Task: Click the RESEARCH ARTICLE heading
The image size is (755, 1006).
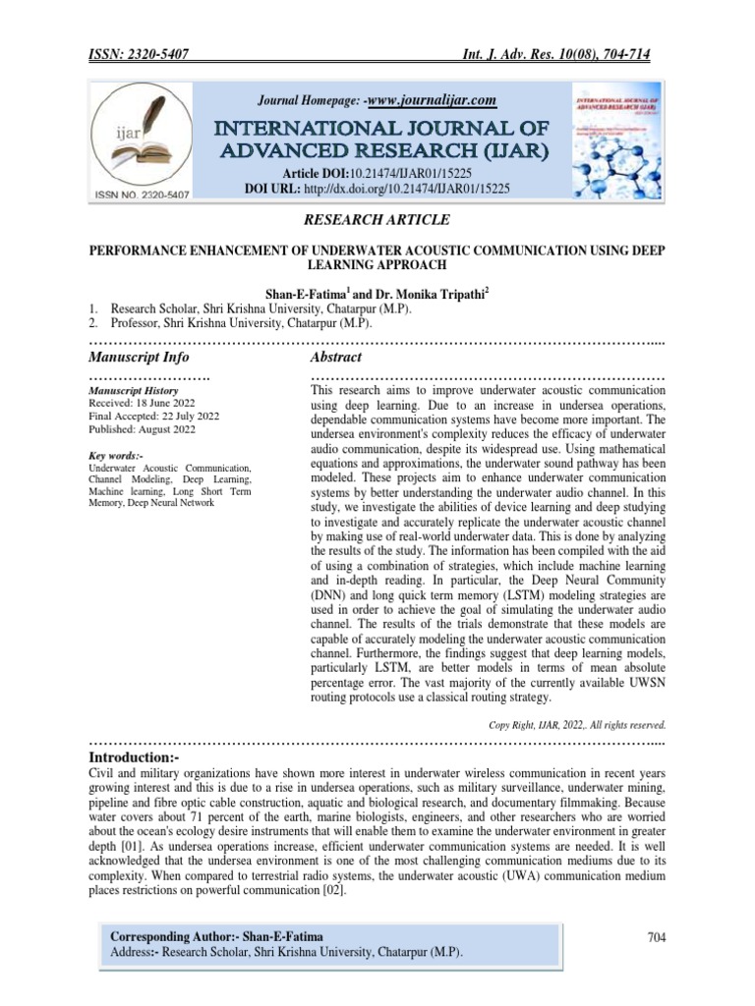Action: (x=377, y=218)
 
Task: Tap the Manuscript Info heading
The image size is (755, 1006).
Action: (x=139, y=357)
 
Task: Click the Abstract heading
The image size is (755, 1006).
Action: (x=336, y=357)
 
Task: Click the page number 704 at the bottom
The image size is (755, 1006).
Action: (x=657, y=938)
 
